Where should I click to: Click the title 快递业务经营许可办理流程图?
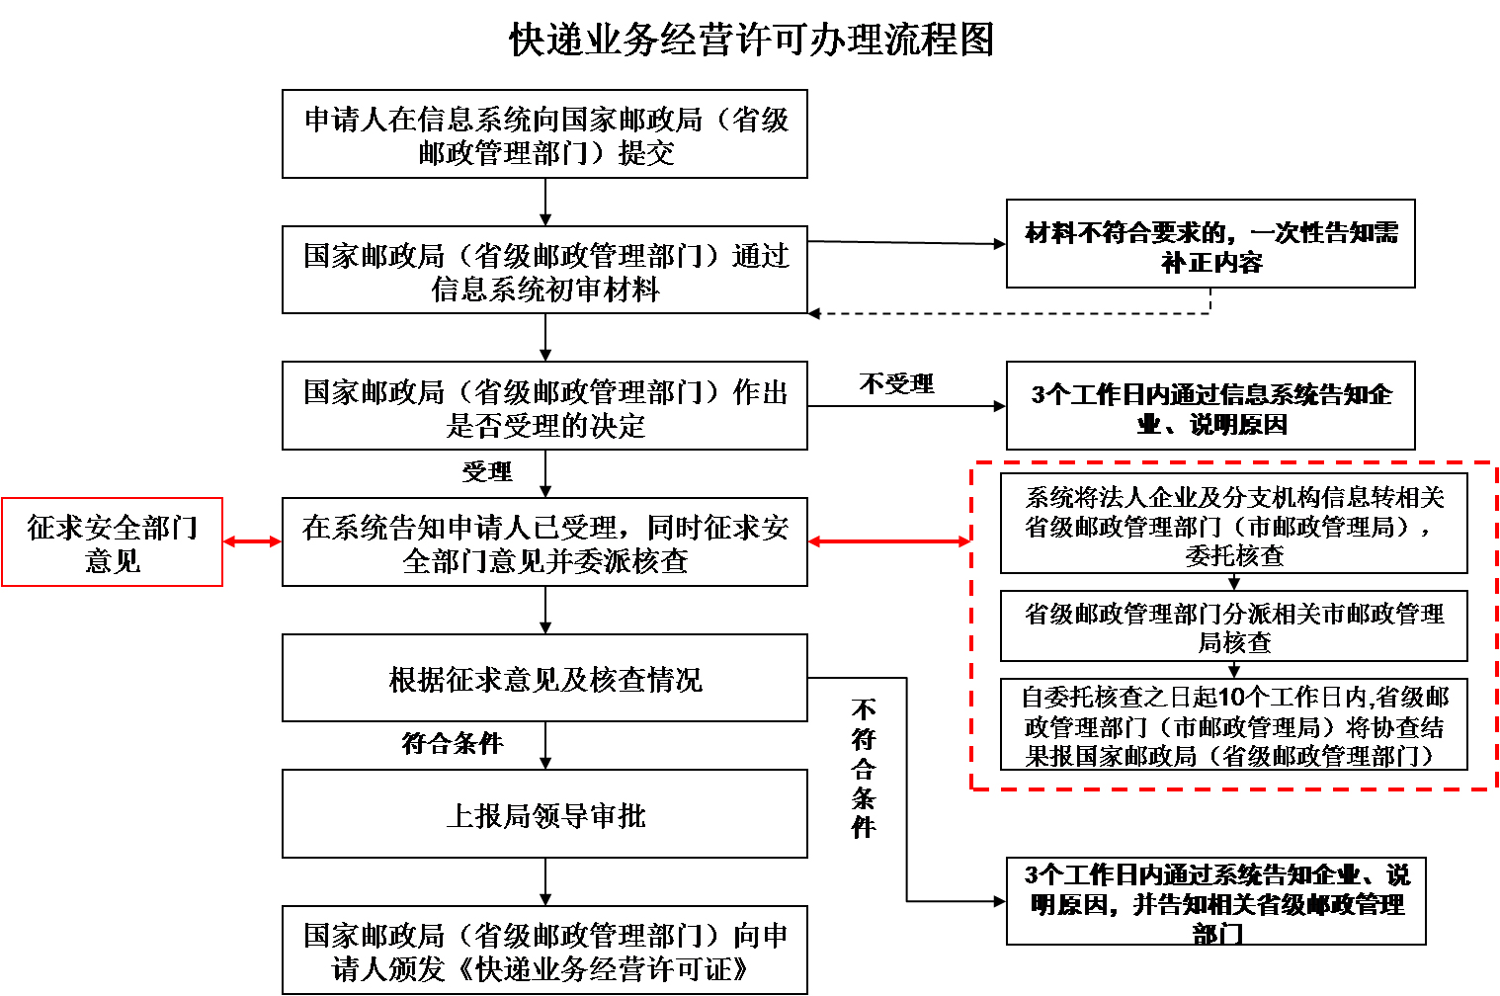[751, 41]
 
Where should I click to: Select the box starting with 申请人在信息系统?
[544, 134]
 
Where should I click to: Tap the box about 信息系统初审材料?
[544, 271]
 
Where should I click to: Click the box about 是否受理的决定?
[544, 407]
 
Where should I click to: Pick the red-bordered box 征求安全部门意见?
[112, 542]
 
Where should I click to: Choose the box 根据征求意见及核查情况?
[544, 679]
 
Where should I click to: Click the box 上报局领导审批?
[544, 815]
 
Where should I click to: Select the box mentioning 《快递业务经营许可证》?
[544, 951]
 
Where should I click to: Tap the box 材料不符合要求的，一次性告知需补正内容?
[1210, 245]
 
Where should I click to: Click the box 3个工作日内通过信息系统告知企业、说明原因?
[1210, 407]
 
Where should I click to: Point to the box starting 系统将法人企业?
[1233, 525]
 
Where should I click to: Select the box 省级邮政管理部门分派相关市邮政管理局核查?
[1233, 626]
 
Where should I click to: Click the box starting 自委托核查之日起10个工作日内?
[1233, 725]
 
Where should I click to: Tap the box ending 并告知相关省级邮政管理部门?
[1215, 902]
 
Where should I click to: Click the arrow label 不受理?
[896, 383]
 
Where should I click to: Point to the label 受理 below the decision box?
[487, 471]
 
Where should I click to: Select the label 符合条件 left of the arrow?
[453, 743]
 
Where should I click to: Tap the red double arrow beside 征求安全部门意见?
[252, 541]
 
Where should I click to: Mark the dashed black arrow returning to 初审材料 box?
[1008, 314]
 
